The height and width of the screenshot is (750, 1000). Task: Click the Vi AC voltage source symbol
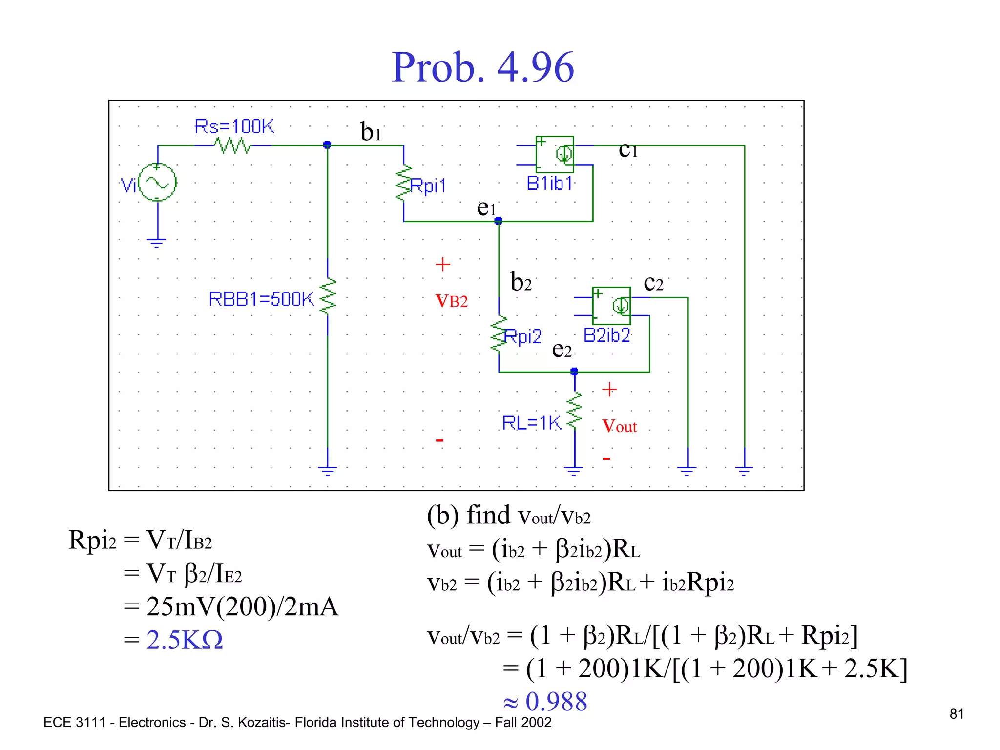coord(157,183)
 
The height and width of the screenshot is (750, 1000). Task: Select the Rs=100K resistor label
coord(234,126)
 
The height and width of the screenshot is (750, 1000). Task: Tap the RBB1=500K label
coord(261,299)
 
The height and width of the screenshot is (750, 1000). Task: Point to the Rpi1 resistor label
coord(428,186)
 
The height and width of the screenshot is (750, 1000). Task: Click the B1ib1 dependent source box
coord(555,154)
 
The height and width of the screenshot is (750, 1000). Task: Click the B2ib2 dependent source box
coord(611,306)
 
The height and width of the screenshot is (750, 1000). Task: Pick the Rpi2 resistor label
coord(522,336)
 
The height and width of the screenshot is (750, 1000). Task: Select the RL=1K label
coord(531,423)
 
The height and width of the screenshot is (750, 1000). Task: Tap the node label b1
coord(371,132)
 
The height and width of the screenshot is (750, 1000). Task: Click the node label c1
coord(628,150)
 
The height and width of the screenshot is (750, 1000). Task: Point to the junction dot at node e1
coord(498,221)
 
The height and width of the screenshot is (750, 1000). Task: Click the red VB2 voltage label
coord(451,301)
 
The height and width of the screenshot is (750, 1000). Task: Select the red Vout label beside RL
coord(619,426)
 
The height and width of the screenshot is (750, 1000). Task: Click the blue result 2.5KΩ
coord(185,640)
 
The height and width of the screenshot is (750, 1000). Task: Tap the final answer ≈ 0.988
coord(545,702)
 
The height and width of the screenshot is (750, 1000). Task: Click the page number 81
coord(957,714)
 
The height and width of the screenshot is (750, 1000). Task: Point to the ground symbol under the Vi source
coord(157,242)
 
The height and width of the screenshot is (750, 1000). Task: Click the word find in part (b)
coord(488,515)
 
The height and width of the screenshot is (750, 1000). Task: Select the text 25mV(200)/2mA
coord(242,607)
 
